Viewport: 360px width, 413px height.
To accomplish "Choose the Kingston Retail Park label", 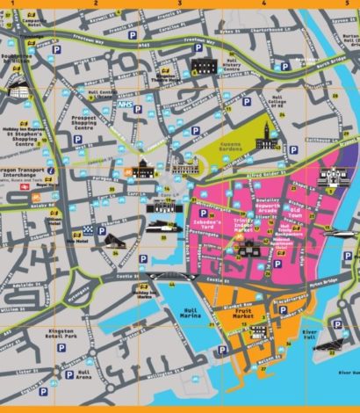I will point(61,335).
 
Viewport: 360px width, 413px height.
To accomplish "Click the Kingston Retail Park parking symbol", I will point(63,350).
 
